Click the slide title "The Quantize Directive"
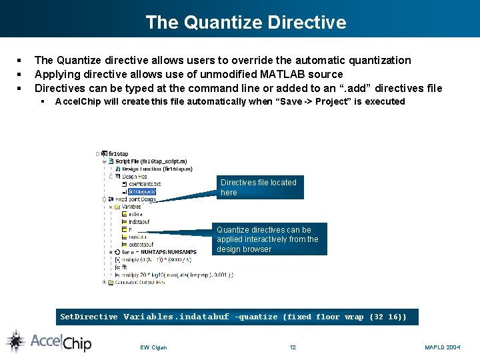click(246, 22)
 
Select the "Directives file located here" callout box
click(260, 187)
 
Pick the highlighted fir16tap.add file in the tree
click(142, 191)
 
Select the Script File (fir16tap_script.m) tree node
click(151, 161)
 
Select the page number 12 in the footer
click(293, 347)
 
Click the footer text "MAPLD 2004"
click(442, 347)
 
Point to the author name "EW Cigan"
click(153, 347)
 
